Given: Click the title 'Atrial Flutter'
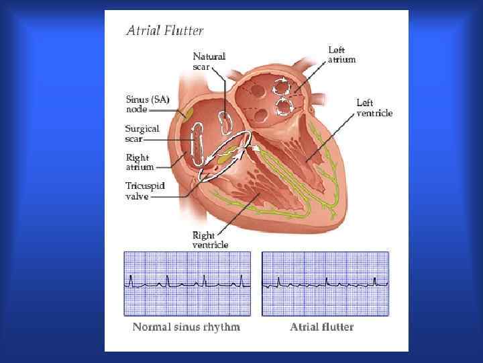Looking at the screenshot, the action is pyautogui.click(x=165, y=30).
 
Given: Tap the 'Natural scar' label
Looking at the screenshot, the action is pyautogui.click(x=209, y=61).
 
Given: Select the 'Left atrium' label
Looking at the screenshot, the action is pyautogui.click(x=341, y=54).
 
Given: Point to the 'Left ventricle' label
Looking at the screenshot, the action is pyautogui.click(x=374, y=108).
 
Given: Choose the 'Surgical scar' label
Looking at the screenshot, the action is pyautogui.click(x=142, y=134).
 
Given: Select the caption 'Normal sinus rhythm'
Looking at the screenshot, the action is pyautogui.click(x=186, y=327).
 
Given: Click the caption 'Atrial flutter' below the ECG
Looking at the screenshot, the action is pyautogui.click(x=321, y=327).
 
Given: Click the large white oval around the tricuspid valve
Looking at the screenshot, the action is pyautogui.click(x=225, y=155).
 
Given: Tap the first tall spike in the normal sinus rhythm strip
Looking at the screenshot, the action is pyautogui.click(x=131, y=279).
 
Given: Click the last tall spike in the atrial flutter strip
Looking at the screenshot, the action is pyautogui.click(x=386, y=279).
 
